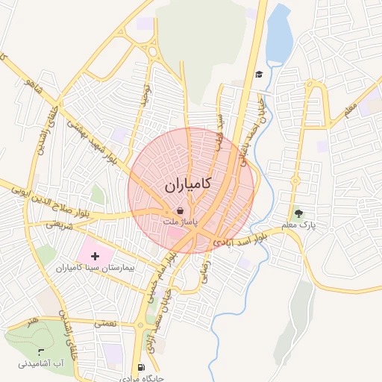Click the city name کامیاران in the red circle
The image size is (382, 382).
(187, 184)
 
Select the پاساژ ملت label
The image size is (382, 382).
(181, 222)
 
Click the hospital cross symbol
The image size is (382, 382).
(95, 256)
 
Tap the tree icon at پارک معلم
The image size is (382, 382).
(299, 213)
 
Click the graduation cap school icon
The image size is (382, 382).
(259, 74)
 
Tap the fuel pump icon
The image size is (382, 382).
(141, 367)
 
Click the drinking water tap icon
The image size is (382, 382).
(41, 351)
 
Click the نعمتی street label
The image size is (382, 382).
(105, 324)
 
